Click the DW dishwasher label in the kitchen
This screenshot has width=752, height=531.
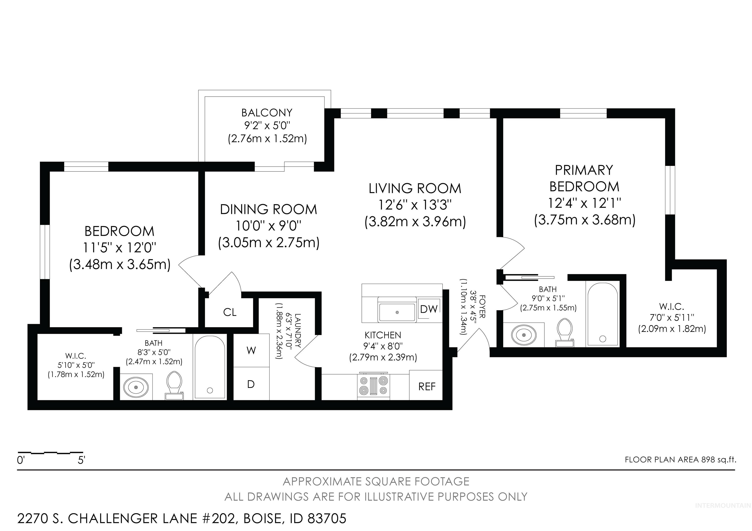click(x=428, y=309)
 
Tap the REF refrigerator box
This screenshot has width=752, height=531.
click(x=426, y=386)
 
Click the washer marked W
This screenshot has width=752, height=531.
click(x=251, y=350)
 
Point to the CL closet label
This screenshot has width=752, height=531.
click(x=230, y=312)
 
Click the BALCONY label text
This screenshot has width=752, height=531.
click(x=267, y=113)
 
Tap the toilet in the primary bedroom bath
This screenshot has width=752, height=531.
click(x=564, y=331)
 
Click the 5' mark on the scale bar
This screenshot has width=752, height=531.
click(x=81, y=460)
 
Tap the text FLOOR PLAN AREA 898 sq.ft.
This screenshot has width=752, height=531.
click(x=681, y=460)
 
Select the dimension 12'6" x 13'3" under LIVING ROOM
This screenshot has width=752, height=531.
click(x=415, y=205)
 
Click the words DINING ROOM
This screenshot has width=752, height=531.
click(x=268, y=209)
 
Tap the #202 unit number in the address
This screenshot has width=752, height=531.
click(x=217, y=518)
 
